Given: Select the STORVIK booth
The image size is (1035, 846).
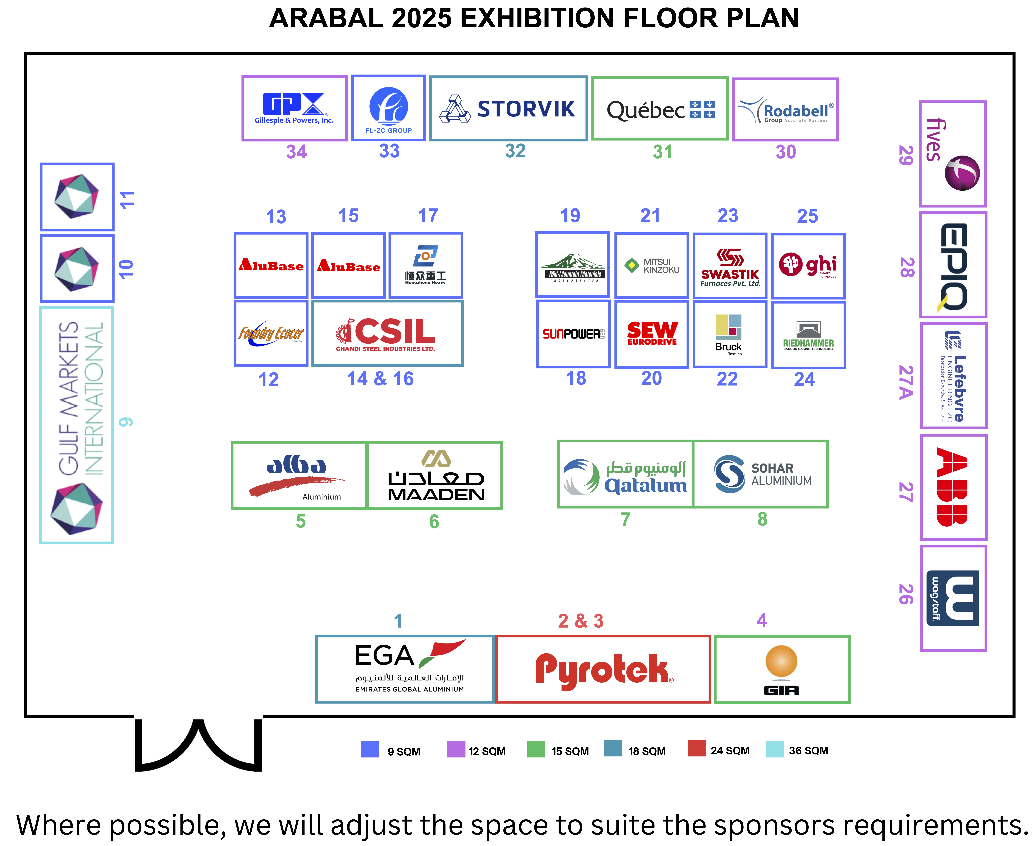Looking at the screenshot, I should tap(508, 108).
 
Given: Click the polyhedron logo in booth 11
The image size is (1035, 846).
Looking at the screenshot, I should tap(77, 196).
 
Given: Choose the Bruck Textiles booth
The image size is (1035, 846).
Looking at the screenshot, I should tap(729, 334).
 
